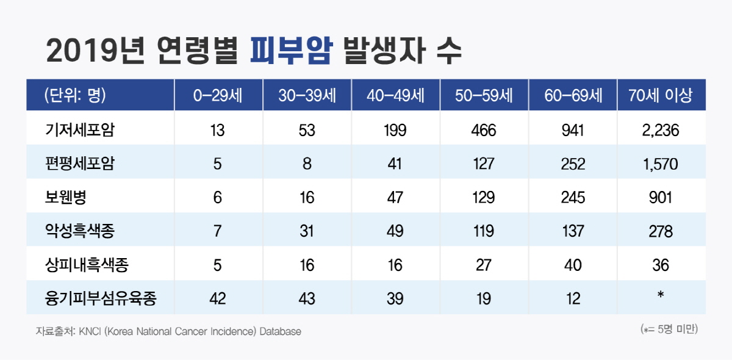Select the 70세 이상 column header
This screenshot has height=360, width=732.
click(x=662, y=95)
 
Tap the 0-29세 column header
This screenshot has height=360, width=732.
click(x=218, y=95)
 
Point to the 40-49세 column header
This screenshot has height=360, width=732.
click(x=395, y=95)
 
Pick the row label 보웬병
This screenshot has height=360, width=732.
click(x=65, y=198)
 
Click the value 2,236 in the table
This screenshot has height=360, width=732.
click(x=661, y=130)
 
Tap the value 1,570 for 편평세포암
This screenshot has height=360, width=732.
click(x=661, y=164)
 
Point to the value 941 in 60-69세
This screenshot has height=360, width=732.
click(x=573, y=130)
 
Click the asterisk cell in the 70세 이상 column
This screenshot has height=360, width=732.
click(x=661, y=297)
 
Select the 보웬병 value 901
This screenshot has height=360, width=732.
click(x=661, y=198)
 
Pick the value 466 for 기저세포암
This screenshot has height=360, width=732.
click(x=484, y=130)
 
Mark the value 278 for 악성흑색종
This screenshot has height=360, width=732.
click(x=661, y=232)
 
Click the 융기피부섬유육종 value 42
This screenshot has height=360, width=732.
click(x=218, y=299)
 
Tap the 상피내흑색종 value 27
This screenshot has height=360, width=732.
click(x=484, y=265)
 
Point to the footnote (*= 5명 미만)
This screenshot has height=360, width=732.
click(x=669, y=329)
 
